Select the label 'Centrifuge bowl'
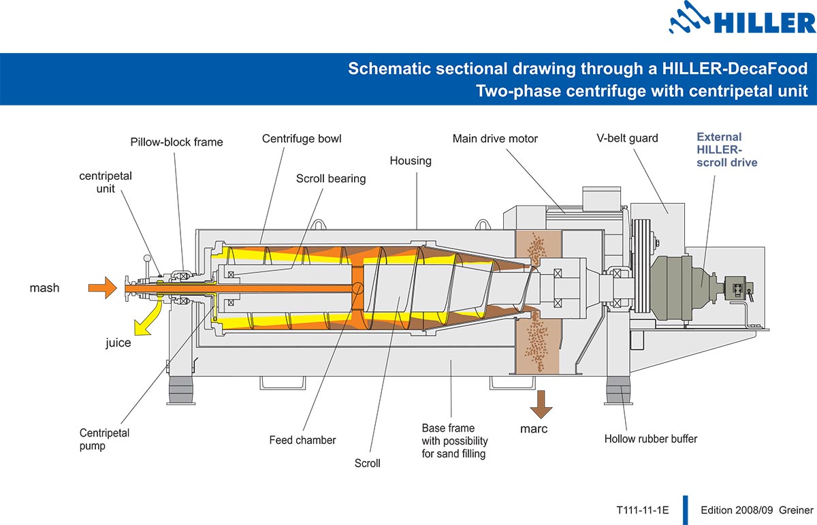pyautogui.click(x=302, y=139)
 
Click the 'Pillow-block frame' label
pyautogui.click(x=176, y=142)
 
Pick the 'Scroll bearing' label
pyautogui.click(x=331, y=178)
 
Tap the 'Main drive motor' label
pyautogui.click(x=495, y=139)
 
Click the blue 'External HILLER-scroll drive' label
pyautogui.click(x=726, y=150)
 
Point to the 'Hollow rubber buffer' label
pyautogui.click(x=650, y=439)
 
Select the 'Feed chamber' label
pyautogui.click(x=302, y=440)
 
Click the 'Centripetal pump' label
pyautogui.click(x=104, y=439)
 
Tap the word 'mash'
pyautogui.click(x=44, y=288)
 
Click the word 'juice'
pyautogui.click(x=118, y=343)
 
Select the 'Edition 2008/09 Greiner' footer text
pyautogui.click(x=756, y=509)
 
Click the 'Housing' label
pyautogui.click(x=411, y=161)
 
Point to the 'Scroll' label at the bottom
pyautogui.click(x=367, y=463)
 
